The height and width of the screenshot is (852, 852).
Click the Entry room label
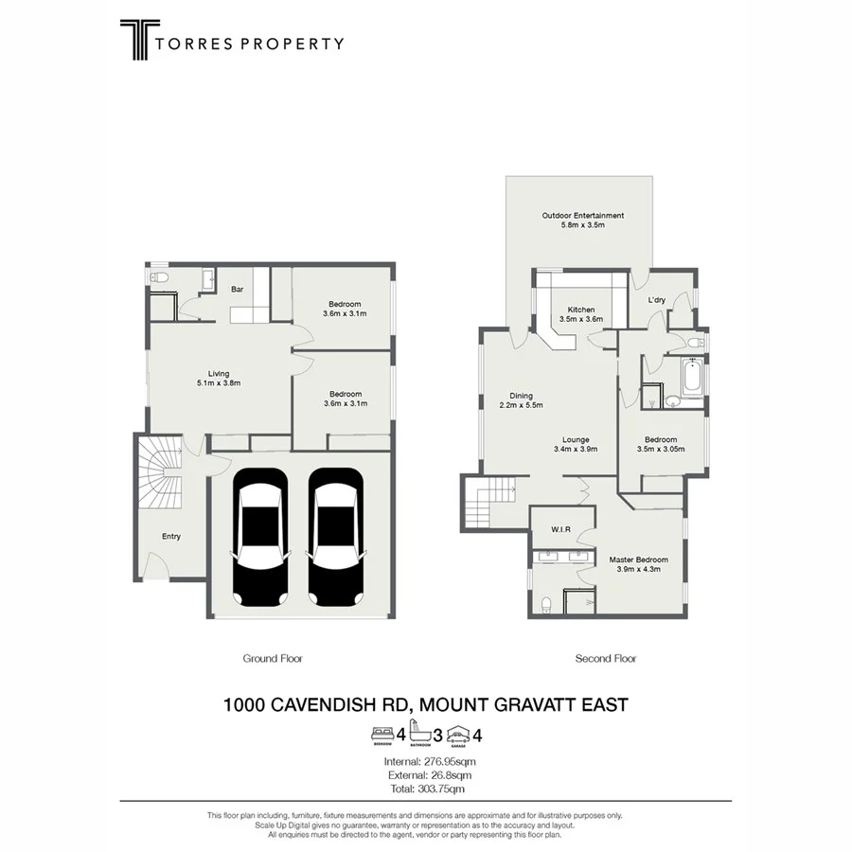[x=170, y=537]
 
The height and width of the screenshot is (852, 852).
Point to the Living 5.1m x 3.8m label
[x=219, y=379]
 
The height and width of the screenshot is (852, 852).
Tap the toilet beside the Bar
[x=160, y=277]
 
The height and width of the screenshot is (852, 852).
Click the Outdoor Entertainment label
[x=582, y=221]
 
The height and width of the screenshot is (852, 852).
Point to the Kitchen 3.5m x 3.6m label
[x=581, y=315]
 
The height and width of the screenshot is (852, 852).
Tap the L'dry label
[x=657, y=300]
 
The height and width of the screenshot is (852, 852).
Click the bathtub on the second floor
[x=691, y=380]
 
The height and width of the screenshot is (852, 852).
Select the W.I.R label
[x=561, y=529]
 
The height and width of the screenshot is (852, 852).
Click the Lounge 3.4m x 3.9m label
[x=576, y=445]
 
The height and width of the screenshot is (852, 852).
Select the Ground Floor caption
[x=272, y=659]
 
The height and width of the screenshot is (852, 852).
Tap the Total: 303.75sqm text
[x=425, y=789]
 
